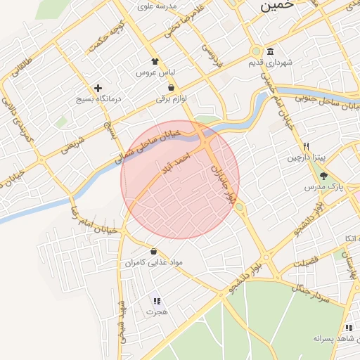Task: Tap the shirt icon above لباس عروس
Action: (155, 61)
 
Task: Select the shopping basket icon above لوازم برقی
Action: (172, 88)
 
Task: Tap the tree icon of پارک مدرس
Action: (323, 176)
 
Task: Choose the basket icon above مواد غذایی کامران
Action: (153, 251)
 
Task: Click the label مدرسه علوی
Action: (155, 6)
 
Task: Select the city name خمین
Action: (275, 6)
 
